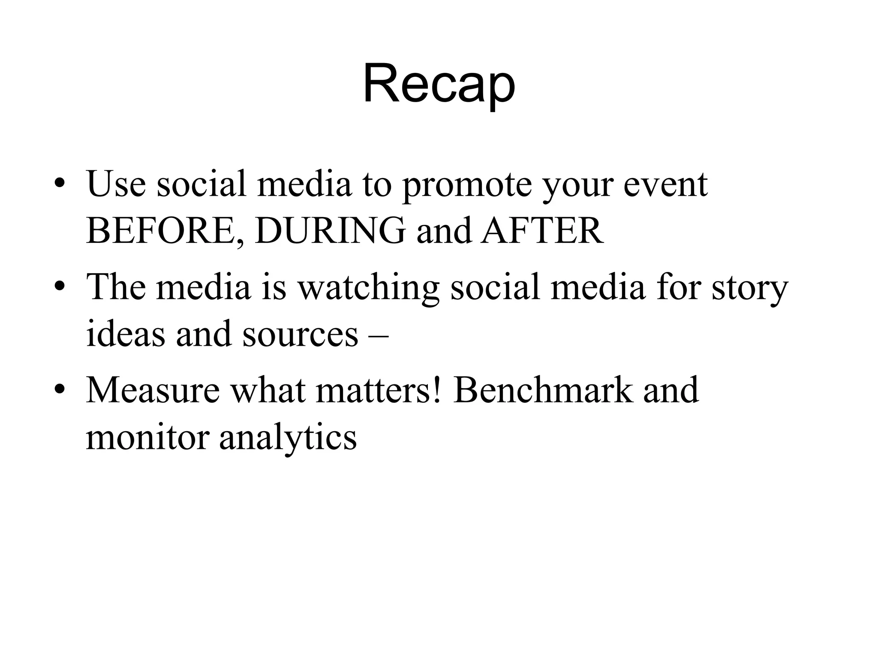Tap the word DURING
coord(330,230)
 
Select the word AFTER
coord(542,230)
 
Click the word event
coord(665,184)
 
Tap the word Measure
coord(153,390)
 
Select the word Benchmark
coord(543,390)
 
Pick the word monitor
coord(147,438)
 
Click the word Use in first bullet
coord(116,184)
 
